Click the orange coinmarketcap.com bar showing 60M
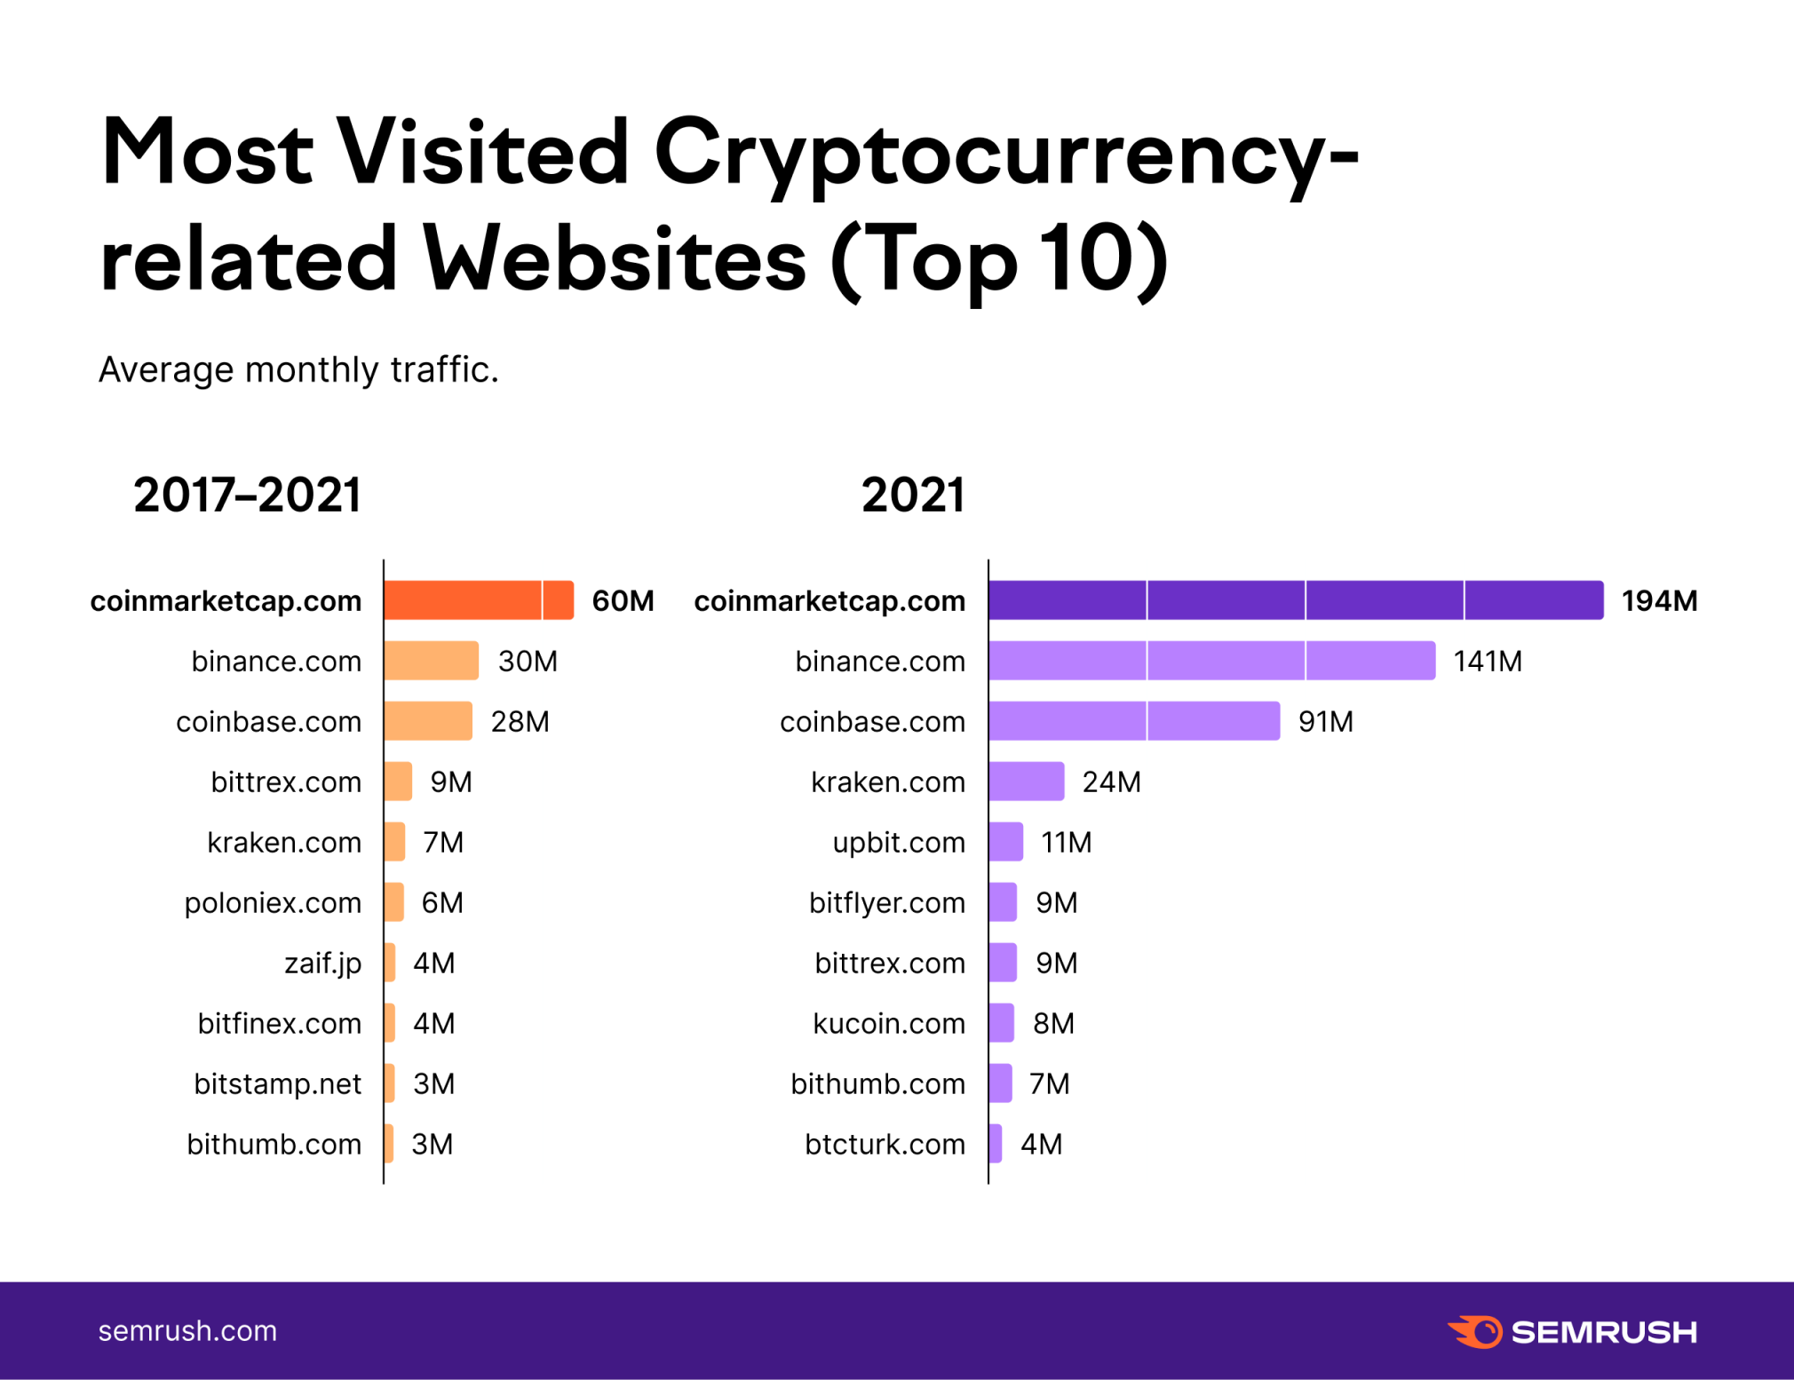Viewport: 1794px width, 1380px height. (x=479, y=600)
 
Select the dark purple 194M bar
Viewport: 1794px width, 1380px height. (x=1295, y=600)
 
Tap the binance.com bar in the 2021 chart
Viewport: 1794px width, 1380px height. (x=1211, y=661)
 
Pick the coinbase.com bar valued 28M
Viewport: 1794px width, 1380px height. (x=428, y=721)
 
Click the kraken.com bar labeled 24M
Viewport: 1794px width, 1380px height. (x=1026, y=781)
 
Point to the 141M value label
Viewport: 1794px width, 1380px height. (x=1488, y=662)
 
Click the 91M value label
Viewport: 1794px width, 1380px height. (x=1325, y=722)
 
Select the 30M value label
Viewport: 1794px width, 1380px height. (x=528, y=662)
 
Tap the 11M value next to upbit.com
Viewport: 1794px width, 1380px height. (x=1066, y=842)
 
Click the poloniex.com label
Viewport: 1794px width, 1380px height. (x=273, y=903)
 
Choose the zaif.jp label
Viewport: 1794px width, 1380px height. (x=322, y=964)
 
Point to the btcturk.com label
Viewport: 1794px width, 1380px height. (x=885, y=1145)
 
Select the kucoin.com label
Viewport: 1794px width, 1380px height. (x=889, y=1024)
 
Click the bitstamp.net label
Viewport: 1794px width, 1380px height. (x=277, y=1084)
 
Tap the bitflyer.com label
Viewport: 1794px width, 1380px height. (x=886, y=903)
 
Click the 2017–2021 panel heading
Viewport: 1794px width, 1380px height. (x=247, y=495)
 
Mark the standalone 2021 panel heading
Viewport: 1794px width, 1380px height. (x=912, y=495)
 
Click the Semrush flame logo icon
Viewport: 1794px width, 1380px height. (x=1475, y=1331)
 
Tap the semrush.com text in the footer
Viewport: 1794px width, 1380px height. (x=187, y=1331)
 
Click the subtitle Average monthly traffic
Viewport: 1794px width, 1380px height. (x=298, y=369)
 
